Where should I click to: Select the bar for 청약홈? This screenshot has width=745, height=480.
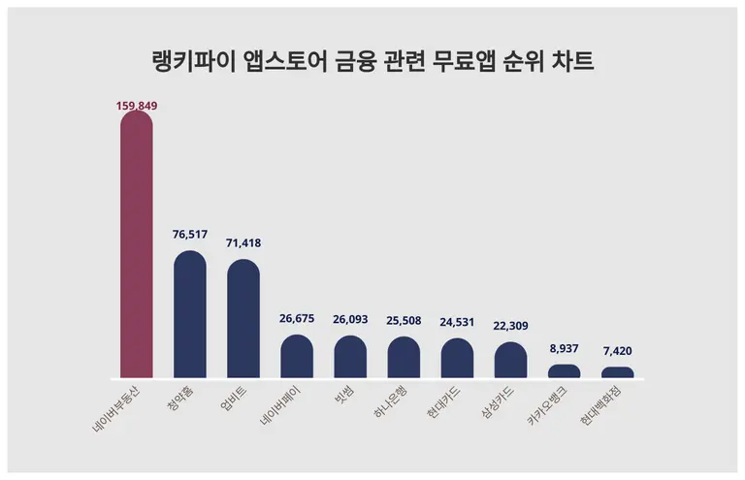coord(190,315)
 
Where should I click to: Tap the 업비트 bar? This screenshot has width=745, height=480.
coord(243,319)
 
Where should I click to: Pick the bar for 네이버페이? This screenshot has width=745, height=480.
coord(297,357)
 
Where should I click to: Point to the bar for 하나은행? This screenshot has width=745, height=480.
coord(404,358)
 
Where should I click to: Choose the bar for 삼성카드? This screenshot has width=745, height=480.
coord(510,360)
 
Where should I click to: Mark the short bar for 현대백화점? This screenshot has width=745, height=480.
coord(617,372)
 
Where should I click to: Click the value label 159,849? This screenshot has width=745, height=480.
coord(136,105)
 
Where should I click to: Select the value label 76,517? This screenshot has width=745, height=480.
coord(190,237)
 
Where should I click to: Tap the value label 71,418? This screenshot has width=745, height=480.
coord(243,243)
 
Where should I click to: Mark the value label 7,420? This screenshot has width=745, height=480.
coord(617,351)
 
